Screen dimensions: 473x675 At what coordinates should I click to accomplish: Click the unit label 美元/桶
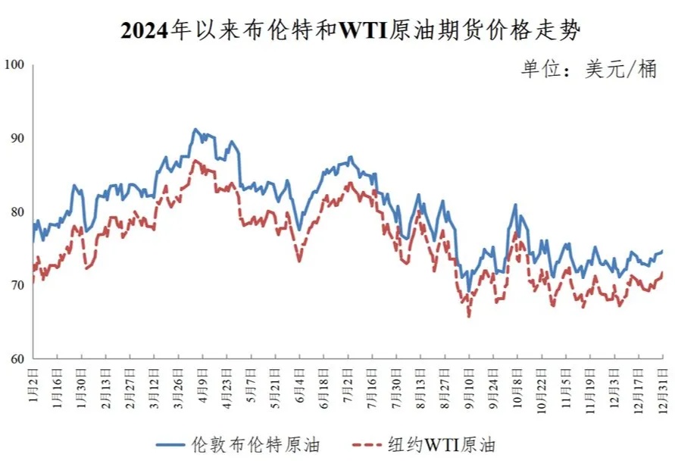click(588, 70)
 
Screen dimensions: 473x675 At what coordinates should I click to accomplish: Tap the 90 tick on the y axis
click(17, 139)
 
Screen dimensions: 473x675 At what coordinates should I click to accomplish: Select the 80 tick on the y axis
click(17, 212)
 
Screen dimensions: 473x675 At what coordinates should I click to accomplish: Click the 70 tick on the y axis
click(17, 286)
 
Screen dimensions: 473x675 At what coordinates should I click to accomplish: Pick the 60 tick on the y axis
click(17, 359)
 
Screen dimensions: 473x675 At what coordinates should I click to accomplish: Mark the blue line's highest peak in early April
click(195, 130)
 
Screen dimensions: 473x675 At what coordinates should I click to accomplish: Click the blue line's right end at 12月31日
click(663, 251)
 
